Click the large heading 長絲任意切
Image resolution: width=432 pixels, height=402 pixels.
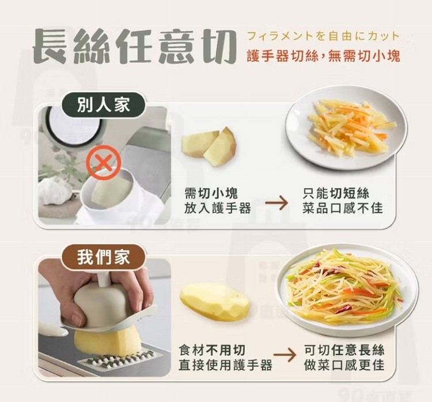point(134,46)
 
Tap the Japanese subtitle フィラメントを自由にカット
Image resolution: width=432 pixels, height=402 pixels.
point(323,36)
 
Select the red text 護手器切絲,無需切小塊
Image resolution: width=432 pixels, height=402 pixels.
point(323,56)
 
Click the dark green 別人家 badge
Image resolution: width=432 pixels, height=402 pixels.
point(103,105)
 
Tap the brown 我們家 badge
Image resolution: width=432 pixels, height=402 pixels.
point(103,257)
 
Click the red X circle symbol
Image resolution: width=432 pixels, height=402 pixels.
point(104,163)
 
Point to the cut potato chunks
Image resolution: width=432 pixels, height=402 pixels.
point(209,146)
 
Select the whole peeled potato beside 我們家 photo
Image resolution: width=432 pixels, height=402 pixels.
point(215,303)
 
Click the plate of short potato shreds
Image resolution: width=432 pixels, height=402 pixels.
point(346,127)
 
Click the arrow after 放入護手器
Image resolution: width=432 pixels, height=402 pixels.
point(276,203)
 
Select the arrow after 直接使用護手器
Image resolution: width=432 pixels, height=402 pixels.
point(285,356)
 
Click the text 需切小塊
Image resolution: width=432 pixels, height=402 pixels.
point(211,193)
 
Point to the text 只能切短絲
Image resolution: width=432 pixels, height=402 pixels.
point(336,193)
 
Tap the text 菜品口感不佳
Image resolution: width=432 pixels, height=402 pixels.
point(343,208)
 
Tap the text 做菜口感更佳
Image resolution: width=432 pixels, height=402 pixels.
point(344,365)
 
